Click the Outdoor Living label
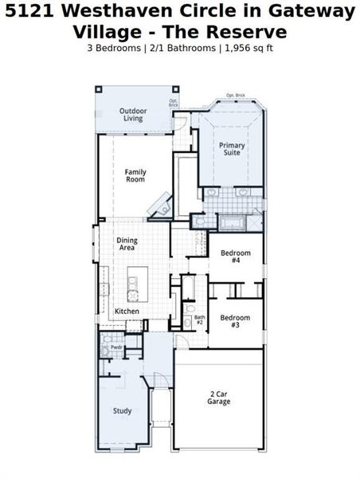131,114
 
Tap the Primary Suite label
232,149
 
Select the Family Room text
135,175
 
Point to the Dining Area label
127,244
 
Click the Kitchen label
127,311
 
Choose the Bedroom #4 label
235,257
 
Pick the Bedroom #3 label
235,321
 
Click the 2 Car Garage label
219,398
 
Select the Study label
122,411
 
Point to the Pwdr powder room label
116,347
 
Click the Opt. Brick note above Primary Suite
235,96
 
